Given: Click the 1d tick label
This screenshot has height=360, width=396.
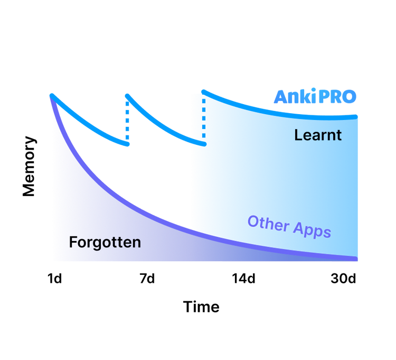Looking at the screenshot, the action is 54,279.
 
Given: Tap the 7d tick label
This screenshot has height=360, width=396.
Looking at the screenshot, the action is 147,279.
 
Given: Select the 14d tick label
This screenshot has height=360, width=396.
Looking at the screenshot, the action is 243,279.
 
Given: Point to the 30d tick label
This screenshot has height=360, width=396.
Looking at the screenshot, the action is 343,279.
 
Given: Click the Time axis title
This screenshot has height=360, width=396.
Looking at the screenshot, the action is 201,307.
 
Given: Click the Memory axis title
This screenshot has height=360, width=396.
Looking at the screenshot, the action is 29,167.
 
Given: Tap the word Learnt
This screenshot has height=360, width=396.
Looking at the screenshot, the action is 318,135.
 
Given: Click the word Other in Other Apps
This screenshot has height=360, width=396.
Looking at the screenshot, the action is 268,223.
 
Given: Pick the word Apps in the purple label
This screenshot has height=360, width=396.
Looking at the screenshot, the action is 312,229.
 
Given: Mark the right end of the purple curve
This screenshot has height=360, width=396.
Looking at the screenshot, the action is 356,259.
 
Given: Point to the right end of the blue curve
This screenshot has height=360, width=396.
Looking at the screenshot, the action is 355,117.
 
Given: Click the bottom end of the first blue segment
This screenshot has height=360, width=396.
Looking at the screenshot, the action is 128,144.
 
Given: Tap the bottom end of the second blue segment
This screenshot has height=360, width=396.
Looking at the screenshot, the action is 204,144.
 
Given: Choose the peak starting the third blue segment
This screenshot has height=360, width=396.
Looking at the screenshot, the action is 204,91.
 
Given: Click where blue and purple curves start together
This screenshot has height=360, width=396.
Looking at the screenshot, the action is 52,96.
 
